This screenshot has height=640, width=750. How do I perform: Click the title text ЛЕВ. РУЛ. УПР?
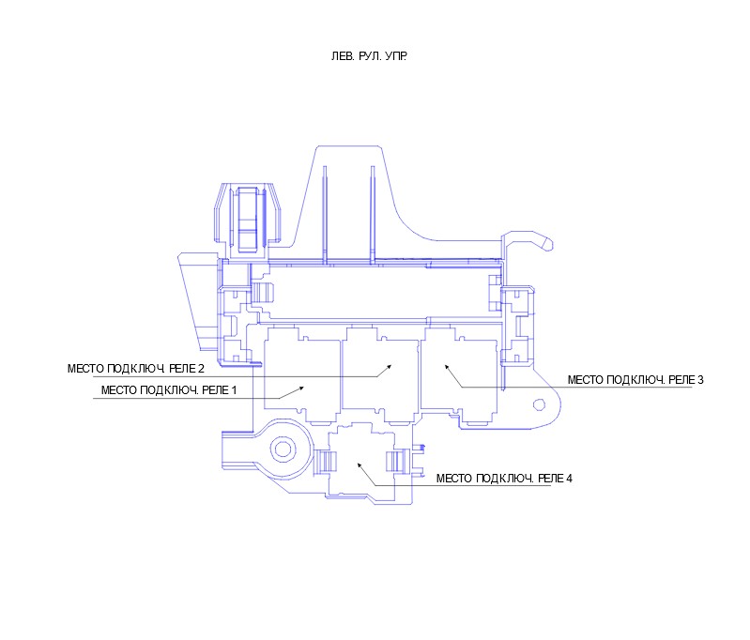point(369,56)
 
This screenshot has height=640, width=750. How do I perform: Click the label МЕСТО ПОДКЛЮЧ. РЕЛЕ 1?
point(169,390)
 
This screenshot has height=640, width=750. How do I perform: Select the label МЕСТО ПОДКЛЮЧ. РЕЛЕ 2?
point(136,369)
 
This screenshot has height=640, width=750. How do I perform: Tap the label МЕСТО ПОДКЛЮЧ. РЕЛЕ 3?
point(635,380)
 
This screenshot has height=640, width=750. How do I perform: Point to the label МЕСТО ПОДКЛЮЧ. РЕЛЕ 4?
point(504,479)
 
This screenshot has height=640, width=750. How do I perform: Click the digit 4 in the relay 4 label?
point(569,479)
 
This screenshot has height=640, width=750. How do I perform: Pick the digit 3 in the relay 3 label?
point(700,380)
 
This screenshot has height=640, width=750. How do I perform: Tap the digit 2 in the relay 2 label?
point(202,369)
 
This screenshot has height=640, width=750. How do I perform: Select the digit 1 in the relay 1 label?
point(235,390)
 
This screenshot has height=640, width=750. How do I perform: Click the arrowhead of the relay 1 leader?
point(302,388)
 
